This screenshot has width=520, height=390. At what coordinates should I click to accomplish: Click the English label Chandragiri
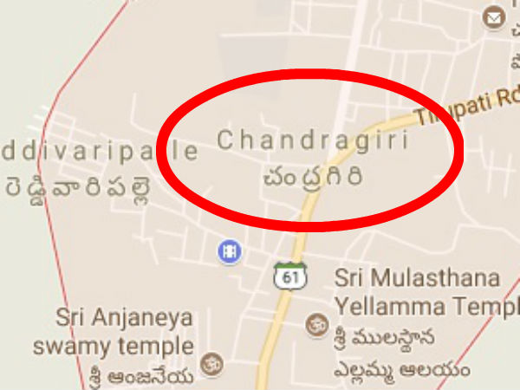[x=311, y=140]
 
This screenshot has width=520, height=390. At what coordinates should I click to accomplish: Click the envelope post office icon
[x=496, y=17]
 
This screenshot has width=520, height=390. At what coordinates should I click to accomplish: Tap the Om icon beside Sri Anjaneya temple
[x=209, y=361]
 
